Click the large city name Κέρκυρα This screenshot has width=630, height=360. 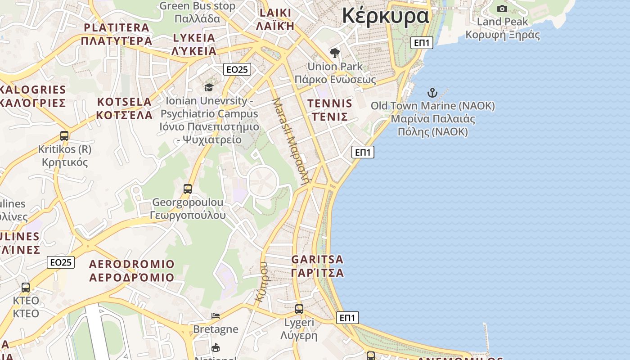(386, 16)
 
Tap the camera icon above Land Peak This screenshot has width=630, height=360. (502, 9)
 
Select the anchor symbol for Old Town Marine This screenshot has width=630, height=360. (432, 93)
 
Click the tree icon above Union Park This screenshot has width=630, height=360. (334, 53)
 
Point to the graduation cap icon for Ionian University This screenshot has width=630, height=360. (209, 87)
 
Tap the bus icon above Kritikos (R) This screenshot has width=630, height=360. (64, 135)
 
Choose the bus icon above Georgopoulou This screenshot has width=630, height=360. (188, 189)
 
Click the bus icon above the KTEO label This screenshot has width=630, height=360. (26, 287)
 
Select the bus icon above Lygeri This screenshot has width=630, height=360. (299, 309)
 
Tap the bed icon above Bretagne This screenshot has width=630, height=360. (216, 316)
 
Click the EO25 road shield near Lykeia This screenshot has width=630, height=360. (237, 69)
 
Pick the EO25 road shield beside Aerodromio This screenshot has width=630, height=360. (61, 262)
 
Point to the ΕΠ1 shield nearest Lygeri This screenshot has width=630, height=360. (347, 318)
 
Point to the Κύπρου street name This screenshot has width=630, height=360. (261, 282)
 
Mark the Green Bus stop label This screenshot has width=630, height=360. (197, 6)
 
